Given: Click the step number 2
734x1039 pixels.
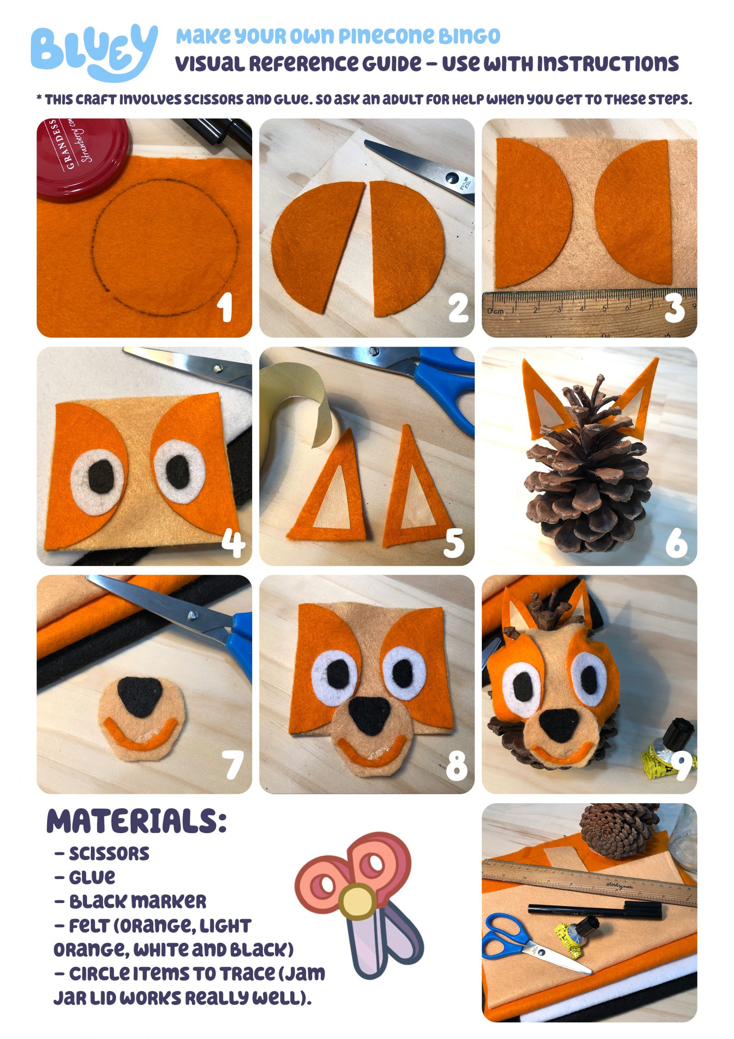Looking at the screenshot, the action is [x=458, y=308].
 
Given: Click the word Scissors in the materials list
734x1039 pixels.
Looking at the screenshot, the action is [x=109, y=854].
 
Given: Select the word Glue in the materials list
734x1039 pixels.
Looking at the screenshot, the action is [x=92, y=877].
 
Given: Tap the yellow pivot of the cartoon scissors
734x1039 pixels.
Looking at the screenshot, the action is [x=357, y=902].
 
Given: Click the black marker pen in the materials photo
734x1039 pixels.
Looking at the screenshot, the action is [x=595, y=910].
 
